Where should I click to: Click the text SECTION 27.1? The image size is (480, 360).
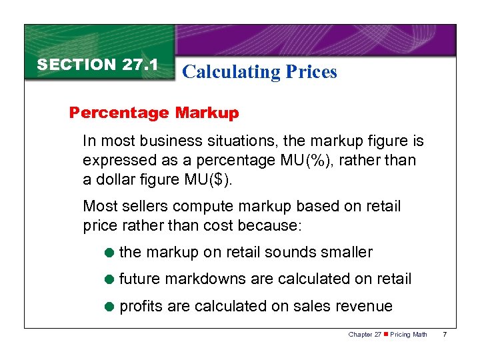point(97,65)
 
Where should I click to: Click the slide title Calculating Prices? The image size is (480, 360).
point(259,71)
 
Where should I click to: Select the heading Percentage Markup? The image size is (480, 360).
point(154,113)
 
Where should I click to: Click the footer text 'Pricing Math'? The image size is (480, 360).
point(409,334)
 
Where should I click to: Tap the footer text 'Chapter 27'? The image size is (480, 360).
point(363,334)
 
